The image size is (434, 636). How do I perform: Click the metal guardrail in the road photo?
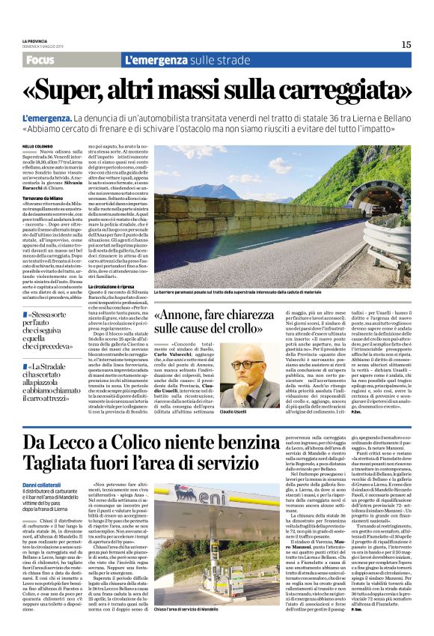point(352,247)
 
